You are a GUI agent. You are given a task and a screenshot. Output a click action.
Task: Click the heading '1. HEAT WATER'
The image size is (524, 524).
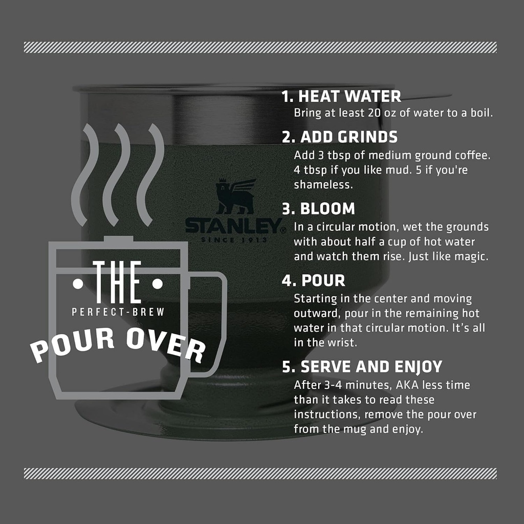(x=341, y=96)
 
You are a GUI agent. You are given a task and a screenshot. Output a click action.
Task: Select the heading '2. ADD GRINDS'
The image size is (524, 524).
(x=340, y=137)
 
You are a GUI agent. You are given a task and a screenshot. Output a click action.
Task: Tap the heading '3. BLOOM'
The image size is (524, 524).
(x=318, y=209)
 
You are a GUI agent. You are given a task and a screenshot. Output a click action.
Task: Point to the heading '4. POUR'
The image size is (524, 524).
(x=314, y=280)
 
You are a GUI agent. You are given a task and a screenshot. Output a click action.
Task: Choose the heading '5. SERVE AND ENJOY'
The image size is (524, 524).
(x=362, y=367)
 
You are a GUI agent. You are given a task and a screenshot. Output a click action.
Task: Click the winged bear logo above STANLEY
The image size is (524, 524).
(x=235, y=196)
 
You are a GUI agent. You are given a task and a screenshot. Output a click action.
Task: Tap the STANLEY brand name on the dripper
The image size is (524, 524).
(x=233, y=226)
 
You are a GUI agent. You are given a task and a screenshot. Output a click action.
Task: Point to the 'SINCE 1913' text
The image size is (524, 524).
(x=233, y=239)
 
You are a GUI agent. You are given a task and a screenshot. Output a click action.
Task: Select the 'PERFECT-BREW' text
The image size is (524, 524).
(x=118, y=312)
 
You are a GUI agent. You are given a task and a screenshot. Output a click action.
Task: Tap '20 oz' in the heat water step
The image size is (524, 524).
(x=382, y=113)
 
